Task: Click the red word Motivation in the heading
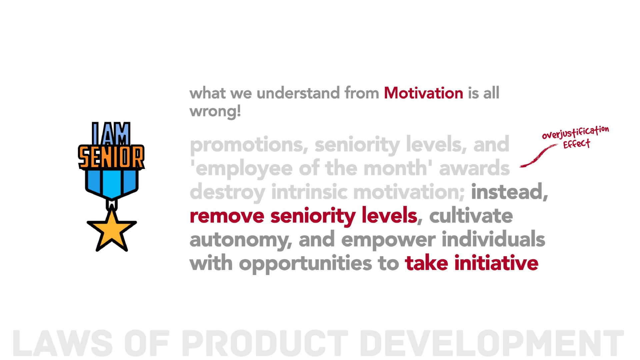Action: pos(423,93)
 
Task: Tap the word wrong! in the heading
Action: pos(215,111)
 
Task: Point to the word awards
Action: pos(474,168)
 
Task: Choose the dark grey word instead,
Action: pos(509,192)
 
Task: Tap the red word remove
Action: pos(227,216)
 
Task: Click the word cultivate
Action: pos(471,216)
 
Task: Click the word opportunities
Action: pos(305,264)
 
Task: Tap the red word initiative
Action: pos(496,263)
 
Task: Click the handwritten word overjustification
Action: pos(575,132)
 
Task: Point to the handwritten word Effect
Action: pos(577,144)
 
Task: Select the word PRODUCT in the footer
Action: pos(265,343)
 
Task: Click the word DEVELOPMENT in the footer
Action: pos(492,343)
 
